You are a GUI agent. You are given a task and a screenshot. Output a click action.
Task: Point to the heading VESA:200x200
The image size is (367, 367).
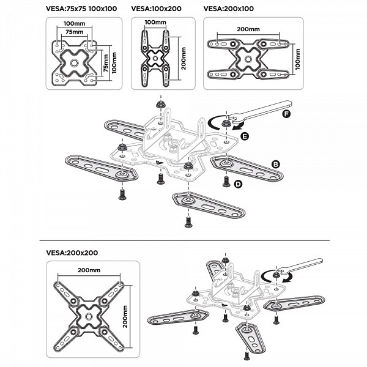click(x=72, y=252)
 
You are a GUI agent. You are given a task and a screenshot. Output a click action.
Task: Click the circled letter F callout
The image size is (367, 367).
click(x=286, y=114)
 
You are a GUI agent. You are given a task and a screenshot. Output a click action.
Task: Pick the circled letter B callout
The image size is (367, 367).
click(x=276, y=164)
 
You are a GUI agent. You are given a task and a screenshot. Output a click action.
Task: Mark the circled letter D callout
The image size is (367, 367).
click(x=238, y=184)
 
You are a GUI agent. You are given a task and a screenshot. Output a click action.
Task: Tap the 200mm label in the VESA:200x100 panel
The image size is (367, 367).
click(x=247, y=28)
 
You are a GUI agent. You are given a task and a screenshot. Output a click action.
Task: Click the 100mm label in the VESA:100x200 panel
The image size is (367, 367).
click(x=155, y=23)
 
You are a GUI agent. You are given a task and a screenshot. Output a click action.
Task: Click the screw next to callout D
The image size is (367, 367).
click(x=225, y=181)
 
